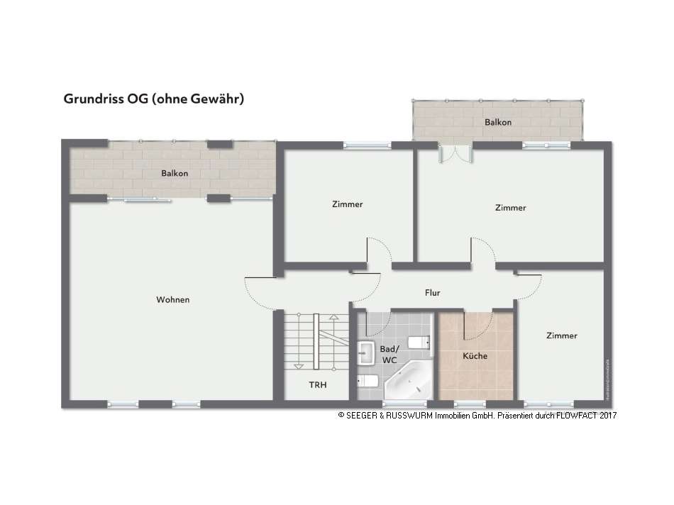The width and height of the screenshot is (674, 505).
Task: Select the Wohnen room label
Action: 173,300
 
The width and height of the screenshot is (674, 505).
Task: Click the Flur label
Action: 433,292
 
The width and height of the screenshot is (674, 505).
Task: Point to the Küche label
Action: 475,356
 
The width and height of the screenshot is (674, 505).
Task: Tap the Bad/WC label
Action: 390,355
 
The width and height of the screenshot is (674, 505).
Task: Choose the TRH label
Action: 316,385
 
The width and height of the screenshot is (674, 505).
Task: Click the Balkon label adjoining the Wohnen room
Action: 175,173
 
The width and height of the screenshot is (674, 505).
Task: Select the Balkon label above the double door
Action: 498,123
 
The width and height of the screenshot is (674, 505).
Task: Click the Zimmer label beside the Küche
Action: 562,335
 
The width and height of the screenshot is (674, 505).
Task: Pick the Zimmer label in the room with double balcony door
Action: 511,208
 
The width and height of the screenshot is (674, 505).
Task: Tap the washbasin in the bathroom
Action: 367,351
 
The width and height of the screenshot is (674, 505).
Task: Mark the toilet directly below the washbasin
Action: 367,381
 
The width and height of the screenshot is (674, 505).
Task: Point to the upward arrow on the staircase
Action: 331,340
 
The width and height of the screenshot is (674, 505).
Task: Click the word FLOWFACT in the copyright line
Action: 575,416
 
